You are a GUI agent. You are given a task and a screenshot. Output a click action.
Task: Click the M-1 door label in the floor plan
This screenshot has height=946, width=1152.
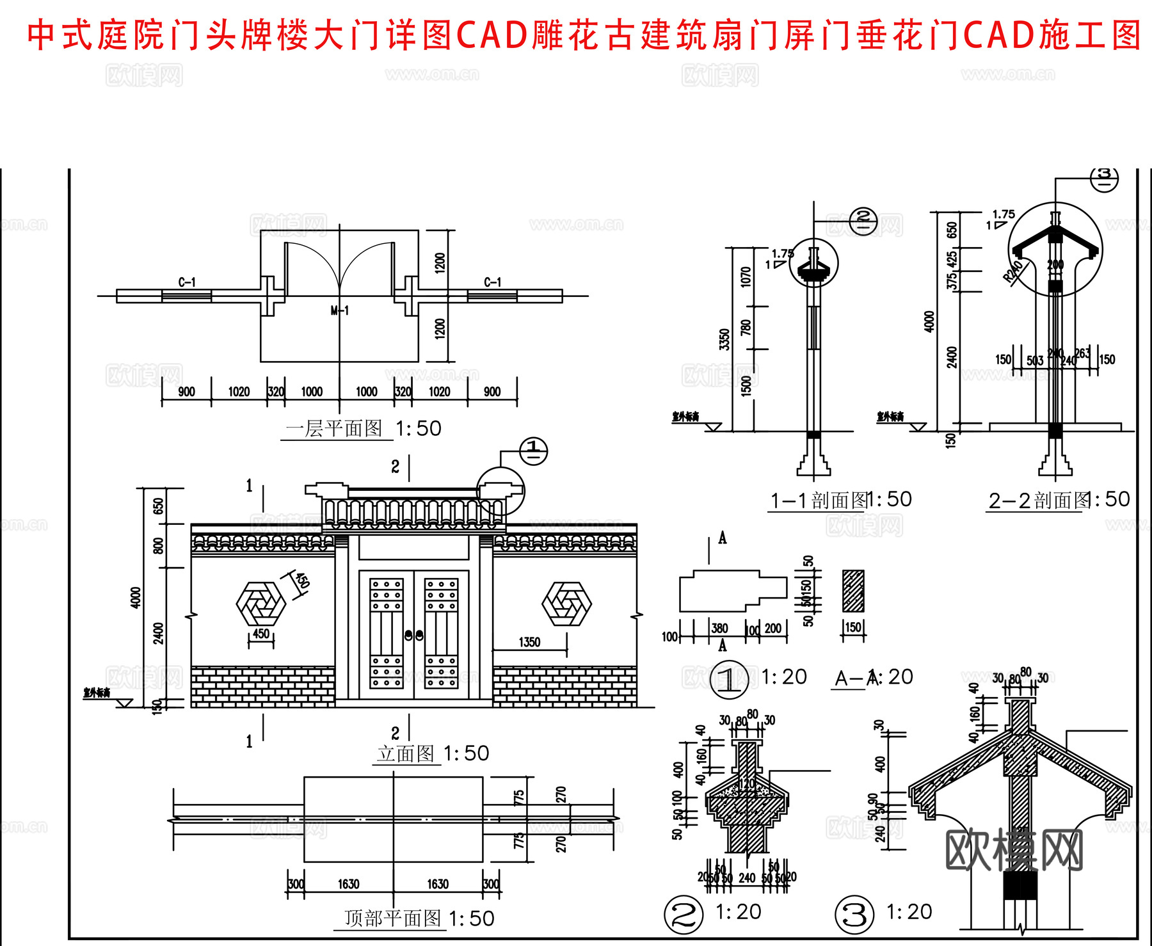pyautogui.click(x=340, y=311)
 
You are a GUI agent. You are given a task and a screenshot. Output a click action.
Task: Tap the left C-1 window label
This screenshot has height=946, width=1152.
pyautogui.click(x=187, y=282)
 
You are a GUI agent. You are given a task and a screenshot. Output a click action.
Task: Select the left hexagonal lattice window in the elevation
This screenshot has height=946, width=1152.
pyautogui.click(x=260, y=604)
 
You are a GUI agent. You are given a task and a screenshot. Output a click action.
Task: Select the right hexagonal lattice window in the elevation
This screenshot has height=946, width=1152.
pyautogui.click(x=566, y=604)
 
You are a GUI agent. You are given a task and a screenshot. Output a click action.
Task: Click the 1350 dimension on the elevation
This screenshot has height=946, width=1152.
pyautogui.click(x=529, y=642)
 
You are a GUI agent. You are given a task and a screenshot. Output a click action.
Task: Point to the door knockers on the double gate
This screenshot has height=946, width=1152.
pyautogui.click(x=414, y=636)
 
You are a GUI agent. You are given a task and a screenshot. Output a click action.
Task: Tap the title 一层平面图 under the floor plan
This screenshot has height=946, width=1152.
pyautogui.click(x=334, y=428)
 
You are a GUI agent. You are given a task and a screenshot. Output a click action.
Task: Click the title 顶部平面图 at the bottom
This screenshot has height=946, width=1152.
pyautogui.click(x=392, y=918)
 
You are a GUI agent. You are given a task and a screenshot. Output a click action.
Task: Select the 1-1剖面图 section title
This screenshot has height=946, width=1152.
pyautogui.click(x=819, y=500)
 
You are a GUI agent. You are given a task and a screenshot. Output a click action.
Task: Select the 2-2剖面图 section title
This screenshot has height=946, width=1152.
pyautogui.click(x=1038, y=500)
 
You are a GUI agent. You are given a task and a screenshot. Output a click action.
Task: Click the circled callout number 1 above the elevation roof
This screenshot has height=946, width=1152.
pyautogui.click(x=533, y=451)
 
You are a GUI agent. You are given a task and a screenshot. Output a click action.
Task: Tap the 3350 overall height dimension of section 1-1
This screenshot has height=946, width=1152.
pyautogui.click(x=724, y=339)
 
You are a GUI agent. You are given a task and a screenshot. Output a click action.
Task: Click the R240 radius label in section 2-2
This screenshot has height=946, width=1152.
pyautogui.click(x=1013, y=271)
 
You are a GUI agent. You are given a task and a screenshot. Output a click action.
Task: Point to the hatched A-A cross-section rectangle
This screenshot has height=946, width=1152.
pyautogui.click(x=853, y=591)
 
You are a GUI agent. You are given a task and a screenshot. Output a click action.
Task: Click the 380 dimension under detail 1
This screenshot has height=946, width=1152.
pyautogui.click(x=720, y=629)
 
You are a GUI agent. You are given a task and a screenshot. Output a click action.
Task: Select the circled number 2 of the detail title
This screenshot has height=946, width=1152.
pyautogui.click(x=684, y=914)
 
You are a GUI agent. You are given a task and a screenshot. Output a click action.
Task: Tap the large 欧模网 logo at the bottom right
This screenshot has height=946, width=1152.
pyautogui.click(x=1014, y=850)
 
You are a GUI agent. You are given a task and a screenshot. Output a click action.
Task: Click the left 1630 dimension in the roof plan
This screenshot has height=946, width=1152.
pyautogui.click(x=348, y=884)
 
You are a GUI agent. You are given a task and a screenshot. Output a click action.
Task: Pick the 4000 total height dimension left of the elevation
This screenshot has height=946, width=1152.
pyautogui.click(x=136, y=597)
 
